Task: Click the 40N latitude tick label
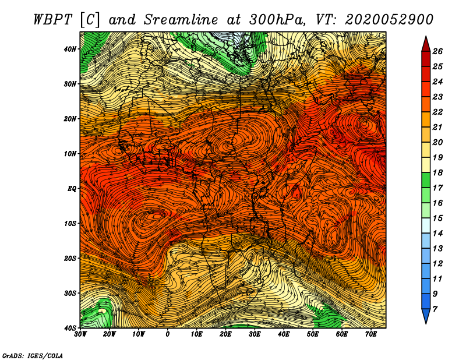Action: pyautogui.click(x=70, y=49)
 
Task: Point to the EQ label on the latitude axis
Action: pyautogui.click(x=72, y=189)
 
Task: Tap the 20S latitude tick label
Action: pyautogui.click(x=70, y=258)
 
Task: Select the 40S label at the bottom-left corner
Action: pyautogui.click(x=70, y=328)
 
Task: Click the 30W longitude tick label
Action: pyautogui.click(x=80, y=334)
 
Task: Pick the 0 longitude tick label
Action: pyautogui.click(x=168, y=334)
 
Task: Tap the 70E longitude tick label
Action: pyautogui.click(x=371, y=334)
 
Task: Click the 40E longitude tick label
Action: pyautogui.click(x=284, y=334)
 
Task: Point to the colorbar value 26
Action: pyautogui.click(x=437, y=51)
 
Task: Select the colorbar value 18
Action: pyautogui.click(x=437, y=172)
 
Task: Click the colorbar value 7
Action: pyautogui.click(x=435, y=309)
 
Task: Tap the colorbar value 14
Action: pyautogui.click(x=437, y=234)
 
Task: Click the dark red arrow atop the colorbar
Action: pyautogui.click(x=426, y=44)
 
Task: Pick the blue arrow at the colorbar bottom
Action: pyautogui.click(x=426, y=316)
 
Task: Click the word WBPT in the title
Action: pyautogui.click(x=52, y=20)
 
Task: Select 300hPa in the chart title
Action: pyautogui.click(x=277, y=20)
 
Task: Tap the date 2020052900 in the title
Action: pyautogui.click(x=389, y=20)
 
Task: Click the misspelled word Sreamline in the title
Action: pyautogui.click(x=181, y=20)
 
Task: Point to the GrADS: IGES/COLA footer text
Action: pyautogui.click(x=33, y=355)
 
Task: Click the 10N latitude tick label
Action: pyautogui.click(x=70, y=154)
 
